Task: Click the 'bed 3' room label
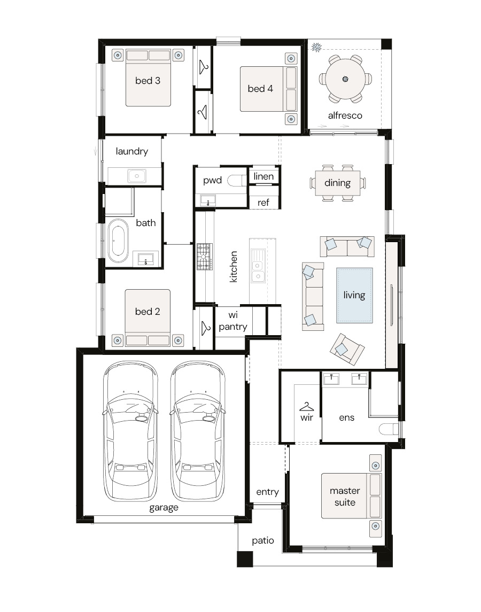148,81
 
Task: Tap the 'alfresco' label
345,115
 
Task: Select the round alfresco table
345,79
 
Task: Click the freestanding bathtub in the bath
118,241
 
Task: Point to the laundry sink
137,176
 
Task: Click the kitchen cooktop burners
205,257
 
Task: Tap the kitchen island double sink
258,266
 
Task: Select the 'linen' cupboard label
263,176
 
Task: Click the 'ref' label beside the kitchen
263,203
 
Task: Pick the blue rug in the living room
354,296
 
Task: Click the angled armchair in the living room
347,349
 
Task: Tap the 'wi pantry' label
233,321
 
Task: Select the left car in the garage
130,431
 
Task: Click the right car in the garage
198,431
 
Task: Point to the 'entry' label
267,492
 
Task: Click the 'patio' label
263,540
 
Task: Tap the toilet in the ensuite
389,429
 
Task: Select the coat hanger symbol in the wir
306,407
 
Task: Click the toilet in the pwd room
237,180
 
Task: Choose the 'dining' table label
338,183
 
